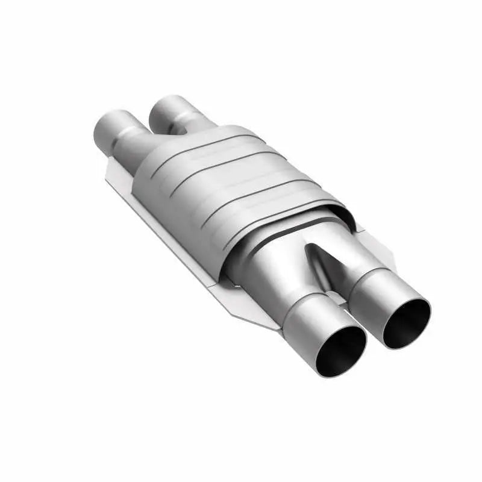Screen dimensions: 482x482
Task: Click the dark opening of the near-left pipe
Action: tap(341, 352)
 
